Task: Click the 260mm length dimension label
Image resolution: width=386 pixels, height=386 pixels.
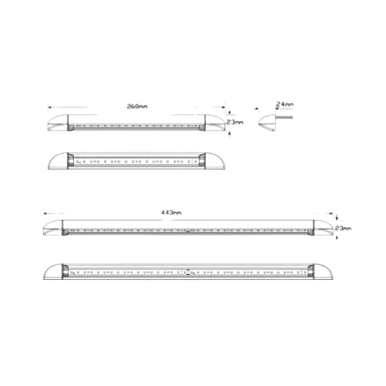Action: (x=137, y=106)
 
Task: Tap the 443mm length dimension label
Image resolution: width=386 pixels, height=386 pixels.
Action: (x=171, y=212)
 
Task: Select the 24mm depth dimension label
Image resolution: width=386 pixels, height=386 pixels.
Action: (x=284, y=104)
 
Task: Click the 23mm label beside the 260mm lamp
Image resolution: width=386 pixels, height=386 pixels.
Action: (x=235, y=122)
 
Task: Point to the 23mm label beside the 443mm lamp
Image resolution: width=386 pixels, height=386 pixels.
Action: (x=343, y=228)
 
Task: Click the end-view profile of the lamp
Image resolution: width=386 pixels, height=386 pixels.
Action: (x=268, y=123)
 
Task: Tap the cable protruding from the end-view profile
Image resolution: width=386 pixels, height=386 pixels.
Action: (x=284, y=117)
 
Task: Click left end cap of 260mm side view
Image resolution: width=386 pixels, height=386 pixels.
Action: (x=58, y=123)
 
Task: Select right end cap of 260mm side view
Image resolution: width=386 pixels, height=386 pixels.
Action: (x=215, y=123)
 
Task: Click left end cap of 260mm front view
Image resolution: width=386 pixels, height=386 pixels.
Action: (x=58, y=161)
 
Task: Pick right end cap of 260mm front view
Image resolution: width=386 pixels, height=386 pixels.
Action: (x=215, y=161)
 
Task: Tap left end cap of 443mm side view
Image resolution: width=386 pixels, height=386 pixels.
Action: (x=53, y=228)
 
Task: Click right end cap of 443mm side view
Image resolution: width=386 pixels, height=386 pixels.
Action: (x=323, y=228)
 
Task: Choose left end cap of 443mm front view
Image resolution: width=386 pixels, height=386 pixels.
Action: (x=53, y=271)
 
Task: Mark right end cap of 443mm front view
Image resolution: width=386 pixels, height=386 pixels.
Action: (x=323, y=271)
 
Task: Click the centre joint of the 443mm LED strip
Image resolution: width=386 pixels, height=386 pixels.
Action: (x=188, y=272)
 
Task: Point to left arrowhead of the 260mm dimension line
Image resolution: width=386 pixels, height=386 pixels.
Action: (x=50, y=107)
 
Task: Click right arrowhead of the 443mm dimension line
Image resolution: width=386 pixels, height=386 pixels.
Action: (x=331, y=214)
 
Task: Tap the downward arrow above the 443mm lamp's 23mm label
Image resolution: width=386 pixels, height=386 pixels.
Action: (x=337, y=217)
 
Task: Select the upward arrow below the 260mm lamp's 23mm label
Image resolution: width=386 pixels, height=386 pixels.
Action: (x=230, y=134)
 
